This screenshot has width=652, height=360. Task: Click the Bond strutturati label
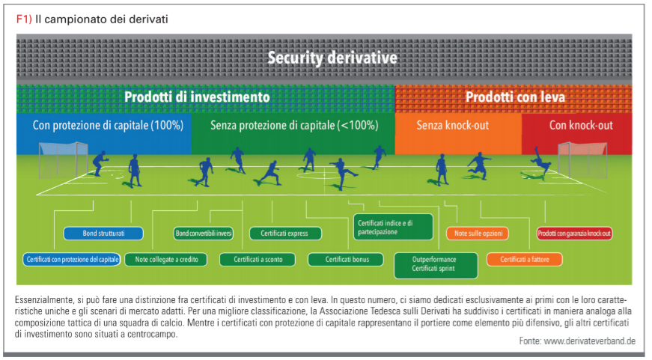(103, 234)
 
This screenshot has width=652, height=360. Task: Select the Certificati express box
(285, 234)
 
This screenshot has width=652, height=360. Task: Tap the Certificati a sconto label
(258, 260)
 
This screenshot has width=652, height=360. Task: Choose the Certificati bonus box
(346, 260)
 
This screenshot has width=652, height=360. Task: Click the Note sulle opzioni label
(478, 234)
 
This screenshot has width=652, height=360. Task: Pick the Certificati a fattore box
(524, 260)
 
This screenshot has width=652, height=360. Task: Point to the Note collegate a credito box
(166, 260)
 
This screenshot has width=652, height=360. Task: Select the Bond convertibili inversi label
(204, 234)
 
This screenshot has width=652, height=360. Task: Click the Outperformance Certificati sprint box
(436, 265)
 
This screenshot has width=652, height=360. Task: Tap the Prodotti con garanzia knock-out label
(574, 234)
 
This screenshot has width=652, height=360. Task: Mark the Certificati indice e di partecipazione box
(393, 227)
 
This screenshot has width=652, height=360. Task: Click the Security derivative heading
(332, 58)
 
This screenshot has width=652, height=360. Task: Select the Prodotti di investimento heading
(197, 97)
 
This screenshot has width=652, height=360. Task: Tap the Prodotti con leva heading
(515, 97)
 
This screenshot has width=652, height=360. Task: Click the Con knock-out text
(581, 125)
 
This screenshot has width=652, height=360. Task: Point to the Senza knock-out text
(452, 125)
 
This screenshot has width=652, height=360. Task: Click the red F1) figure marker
(24, 19)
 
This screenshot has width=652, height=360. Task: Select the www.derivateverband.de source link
(590, 341)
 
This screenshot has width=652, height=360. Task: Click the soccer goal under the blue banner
(63, 160)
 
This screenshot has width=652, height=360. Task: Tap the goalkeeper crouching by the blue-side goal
(100, 163)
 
